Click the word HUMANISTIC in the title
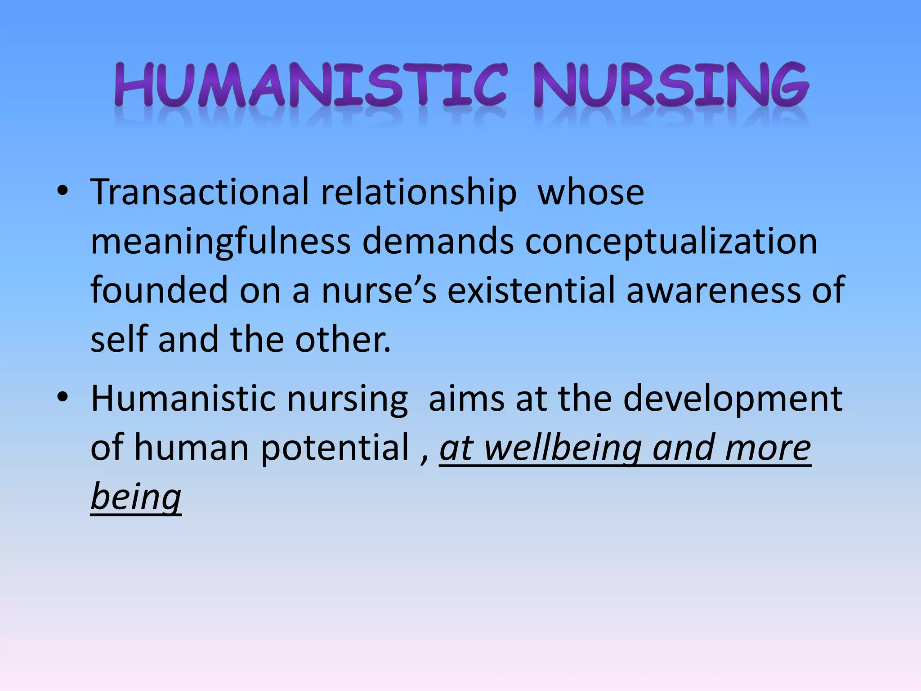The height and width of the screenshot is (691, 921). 310,85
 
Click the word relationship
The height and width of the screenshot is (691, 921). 418,193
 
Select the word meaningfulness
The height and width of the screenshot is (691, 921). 220,242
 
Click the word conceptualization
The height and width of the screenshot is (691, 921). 671,242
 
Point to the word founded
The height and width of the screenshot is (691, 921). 159,290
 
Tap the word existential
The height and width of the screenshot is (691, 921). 531,290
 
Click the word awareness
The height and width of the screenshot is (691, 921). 713,291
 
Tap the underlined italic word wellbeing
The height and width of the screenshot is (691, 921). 563,449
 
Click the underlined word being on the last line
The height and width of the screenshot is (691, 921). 136,497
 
